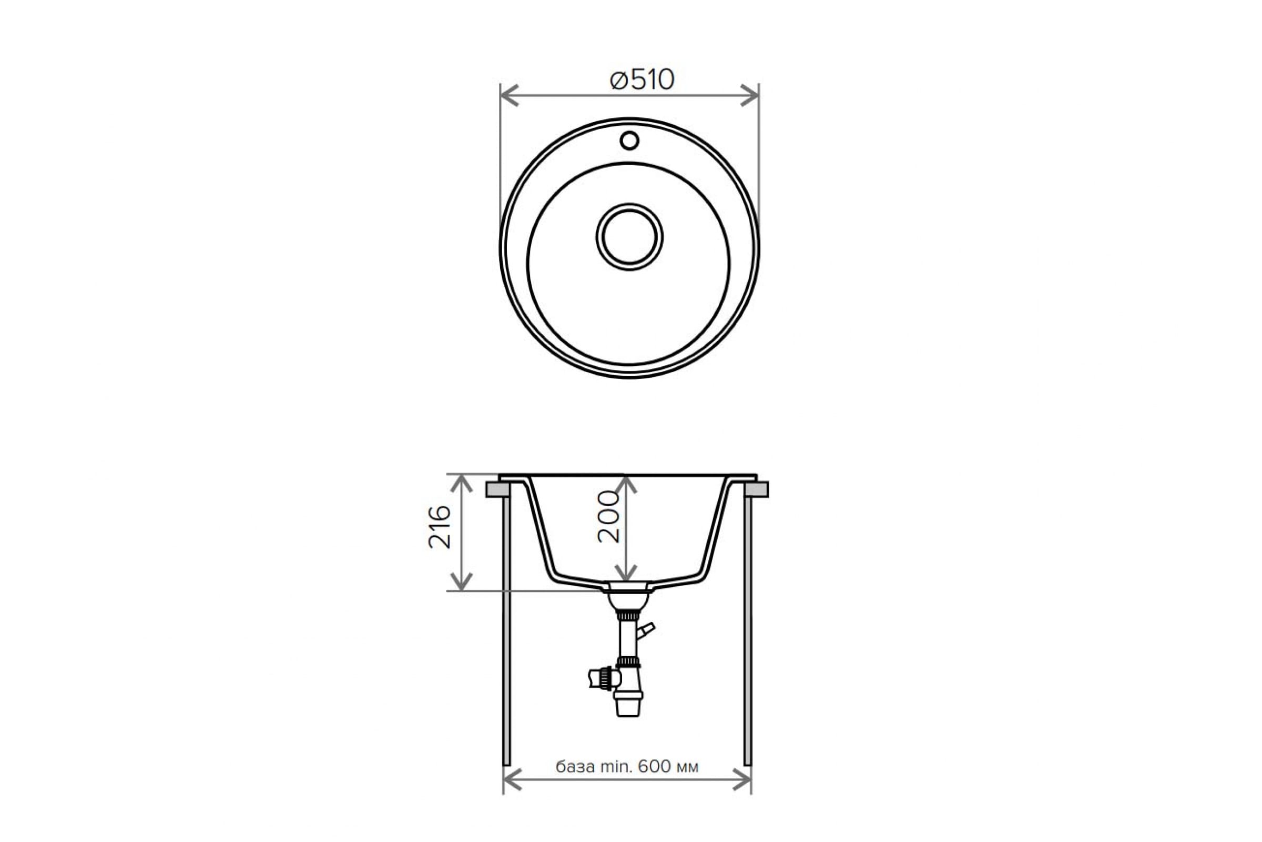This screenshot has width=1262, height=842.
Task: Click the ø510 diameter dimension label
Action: [x=642, y=80]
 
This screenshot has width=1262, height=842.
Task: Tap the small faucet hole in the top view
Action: [x=629, y=141]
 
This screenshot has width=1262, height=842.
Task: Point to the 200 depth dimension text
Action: [x=609, y=517]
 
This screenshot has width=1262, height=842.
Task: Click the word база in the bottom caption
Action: [x=575, y=767]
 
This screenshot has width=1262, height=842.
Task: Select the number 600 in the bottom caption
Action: [x=655, y=766]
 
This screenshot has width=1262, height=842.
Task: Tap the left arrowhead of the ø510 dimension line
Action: [x=509, y=96]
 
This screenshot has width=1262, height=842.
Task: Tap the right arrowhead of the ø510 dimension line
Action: [x=749, y=96]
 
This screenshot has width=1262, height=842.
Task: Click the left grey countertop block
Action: [x=497, y=490]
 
